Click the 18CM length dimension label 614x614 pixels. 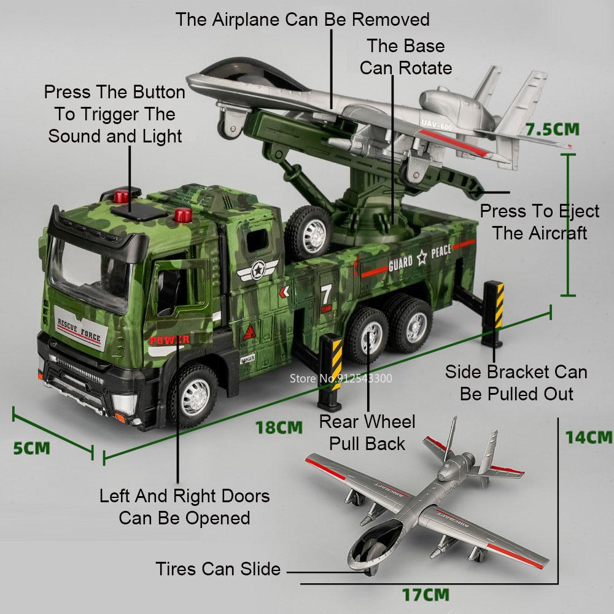click(x=279, y=427)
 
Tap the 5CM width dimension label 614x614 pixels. click(x=31, y=447)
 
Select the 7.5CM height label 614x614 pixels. click(x=553, y=130)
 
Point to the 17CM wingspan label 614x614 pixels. click(x=426, y=594)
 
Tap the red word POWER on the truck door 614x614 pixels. click(x=169, y=339)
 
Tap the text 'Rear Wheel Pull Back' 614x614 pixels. click(x=367, y=432)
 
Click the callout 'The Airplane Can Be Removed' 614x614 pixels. click(x=302, y=19)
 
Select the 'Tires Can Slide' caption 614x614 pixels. click(x=218, y=569)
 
